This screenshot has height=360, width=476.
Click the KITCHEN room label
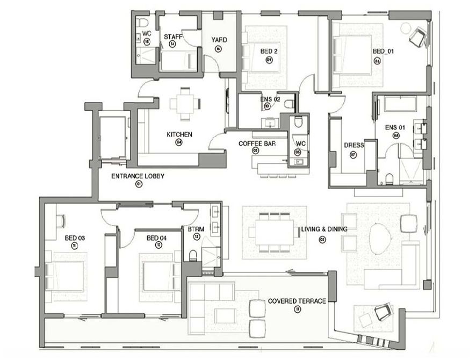click(x=179, y=134)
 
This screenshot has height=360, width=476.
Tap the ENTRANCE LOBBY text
click(x=138, y=176)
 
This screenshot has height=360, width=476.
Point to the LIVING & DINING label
click(x=324, y=229)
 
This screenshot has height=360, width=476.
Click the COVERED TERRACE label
click(x=297, y=301)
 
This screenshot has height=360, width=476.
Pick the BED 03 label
click(x=75, y=237)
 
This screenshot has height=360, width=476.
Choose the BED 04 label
click(x=156, y=237)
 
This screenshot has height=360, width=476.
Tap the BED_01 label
click(x=383, y=52)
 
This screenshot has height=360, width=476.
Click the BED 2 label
click(x=269, y=52)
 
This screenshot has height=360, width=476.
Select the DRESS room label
click(x=353, y=145)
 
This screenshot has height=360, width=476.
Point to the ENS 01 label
click(x=395, y=127)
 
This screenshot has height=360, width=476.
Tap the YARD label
click(x=218, y=40)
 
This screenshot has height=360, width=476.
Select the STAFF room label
click(x=172, y=36)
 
